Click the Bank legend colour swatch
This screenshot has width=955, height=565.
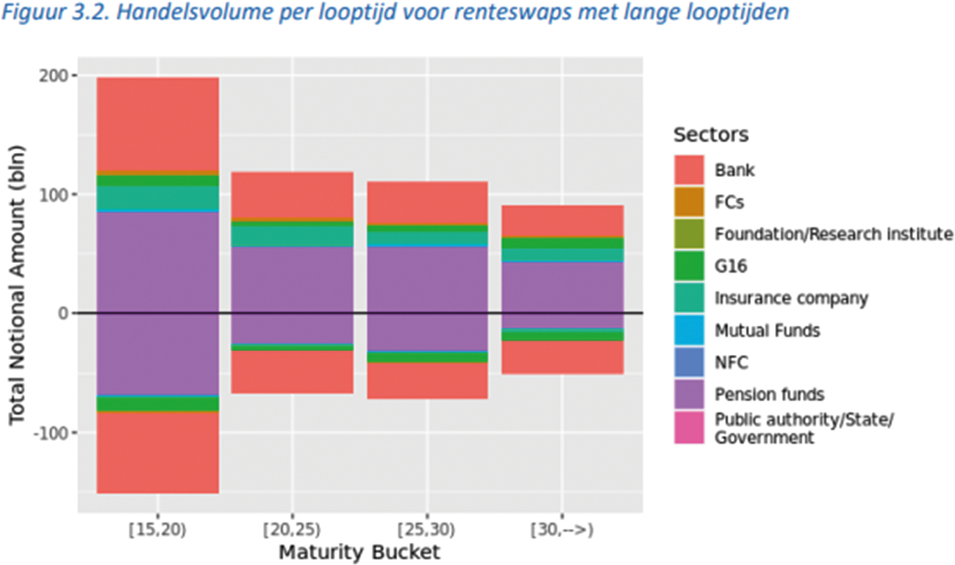(689, 170)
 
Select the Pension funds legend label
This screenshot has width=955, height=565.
(770, 395)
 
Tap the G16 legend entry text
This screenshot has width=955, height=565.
(731, 267)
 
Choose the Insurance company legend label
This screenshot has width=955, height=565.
(792, 299)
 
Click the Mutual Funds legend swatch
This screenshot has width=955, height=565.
(689, 331)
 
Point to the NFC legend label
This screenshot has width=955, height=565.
(732, 363)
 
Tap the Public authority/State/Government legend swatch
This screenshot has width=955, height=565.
(689, 429)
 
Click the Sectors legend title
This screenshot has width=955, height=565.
(710, 135)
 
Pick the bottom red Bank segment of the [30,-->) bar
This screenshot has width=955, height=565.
(562, 357)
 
